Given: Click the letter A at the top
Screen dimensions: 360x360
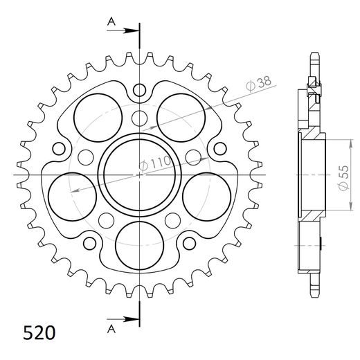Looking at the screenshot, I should (111, 22).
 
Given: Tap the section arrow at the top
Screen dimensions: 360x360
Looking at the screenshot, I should (128, 30).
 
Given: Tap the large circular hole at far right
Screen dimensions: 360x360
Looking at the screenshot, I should (205, 194).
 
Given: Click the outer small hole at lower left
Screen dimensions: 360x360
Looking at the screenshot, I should (89, 244).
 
